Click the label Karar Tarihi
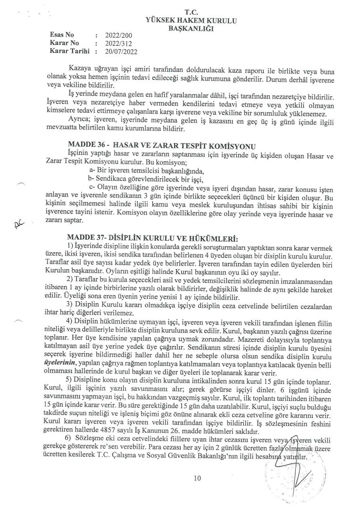click(69, 51)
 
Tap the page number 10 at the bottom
click(197, 479)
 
